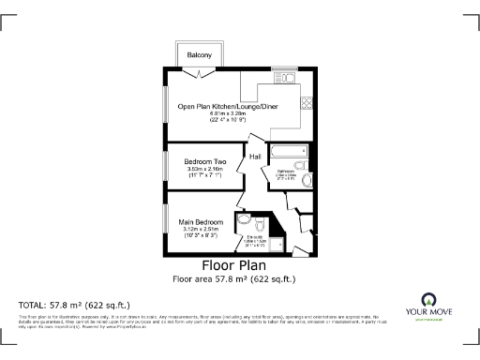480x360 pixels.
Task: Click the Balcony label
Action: coord(198,55)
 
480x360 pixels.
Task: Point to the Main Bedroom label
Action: coord(202,221)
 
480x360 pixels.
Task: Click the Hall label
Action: coord(254,157)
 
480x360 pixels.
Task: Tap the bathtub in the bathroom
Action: coord(288,152)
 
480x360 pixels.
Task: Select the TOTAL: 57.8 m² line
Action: coord(74,306)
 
